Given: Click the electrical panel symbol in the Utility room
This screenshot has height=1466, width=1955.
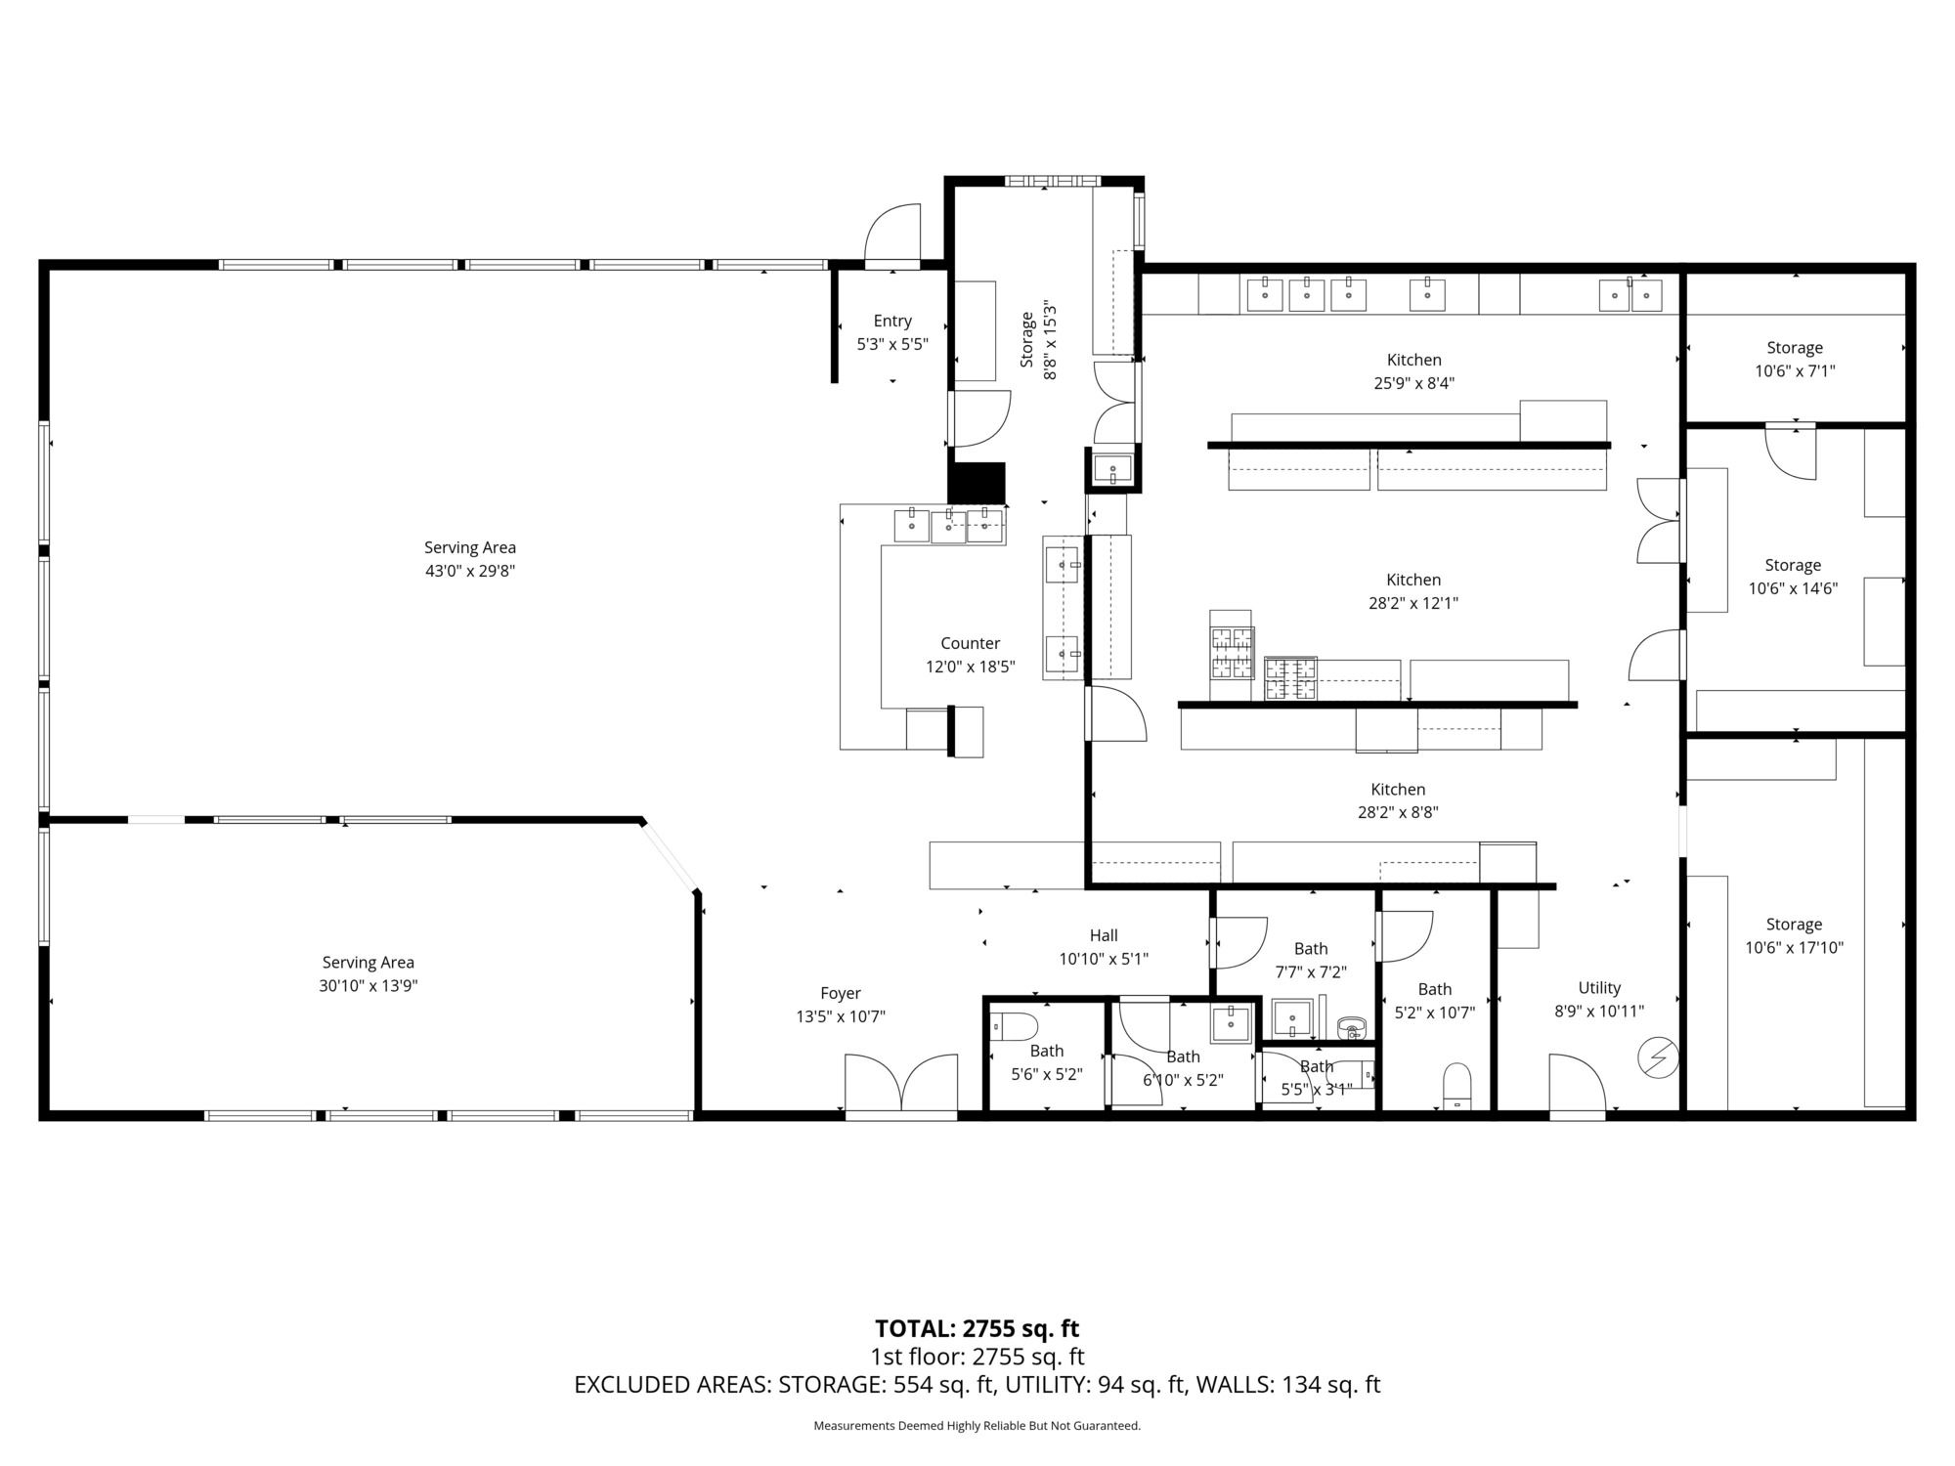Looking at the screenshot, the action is coord(1659,1057).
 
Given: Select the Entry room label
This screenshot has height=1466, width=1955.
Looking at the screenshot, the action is coord(892,321).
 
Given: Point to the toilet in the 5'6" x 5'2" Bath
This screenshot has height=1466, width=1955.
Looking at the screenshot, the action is coord(1014,1027).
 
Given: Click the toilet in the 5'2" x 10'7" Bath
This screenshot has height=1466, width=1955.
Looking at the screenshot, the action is coord(1456,1086).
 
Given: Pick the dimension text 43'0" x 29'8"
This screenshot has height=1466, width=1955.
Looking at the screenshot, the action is coord(470,571).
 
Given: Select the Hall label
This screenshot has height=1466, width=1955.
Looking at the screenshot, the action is coord(1104,935).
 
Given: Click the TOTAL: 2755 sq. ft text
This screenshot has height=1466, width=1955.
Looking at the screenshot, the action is coord(977,1328).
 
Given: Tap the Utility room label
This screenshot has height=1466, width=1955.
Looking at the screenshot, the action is coord(1599,987).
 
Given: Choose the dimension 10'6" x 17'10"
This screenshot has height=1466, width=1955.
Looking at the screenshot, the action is coord(1795,947).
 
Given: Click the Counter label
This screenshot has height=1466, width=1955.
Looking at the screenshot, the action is coord(971,643).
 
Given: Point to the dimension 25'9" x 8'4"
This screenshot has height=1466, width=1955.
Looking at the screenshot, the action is coord(1414,383).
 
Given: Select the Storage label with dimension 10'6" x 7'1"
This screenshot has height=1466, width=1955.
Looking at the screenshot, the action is coord(1795,348).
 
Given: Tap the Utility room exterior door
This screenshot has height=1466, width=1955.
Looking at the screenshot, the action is coord(1577,1084).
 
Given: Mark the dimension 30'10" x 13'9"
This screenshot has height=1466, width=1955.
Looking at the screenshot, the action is coord(369,985).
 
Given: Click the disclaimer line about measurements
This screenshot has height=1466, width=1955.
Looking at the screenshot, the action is coord(977,1426).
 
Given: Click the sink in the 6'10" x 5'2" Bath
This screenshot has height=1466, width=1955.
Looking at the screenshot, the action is coord(1232,1024).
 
